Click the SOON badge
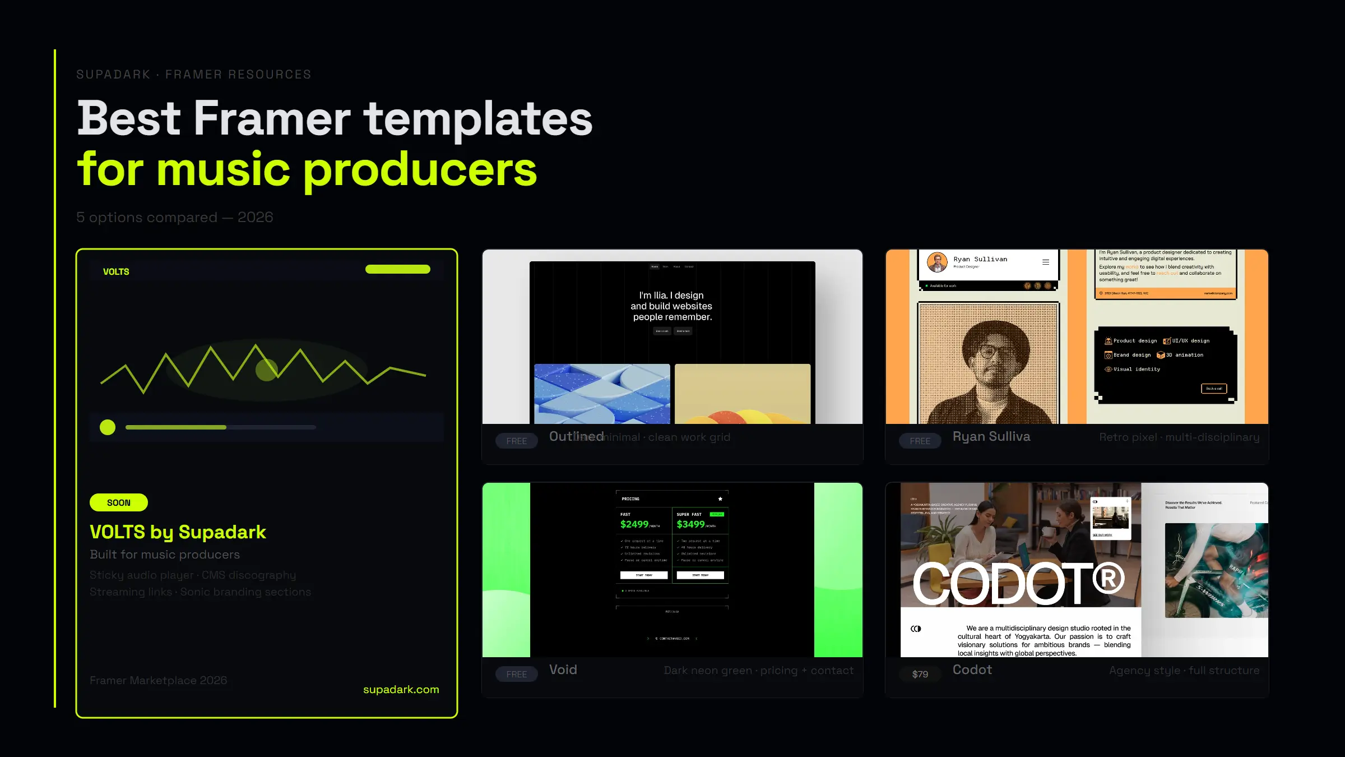tap(118, 502)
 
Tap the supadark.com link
tap(401, 689)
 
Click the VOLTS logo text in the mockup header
tap(116, 271)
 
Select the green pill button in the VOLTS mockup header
tap(397, 269)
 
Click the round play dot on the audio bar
tap(108, 427)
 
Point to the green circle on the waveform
tap(267, 370)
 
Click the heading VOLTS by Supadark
tap(178, 532)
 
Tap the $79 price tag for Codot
tap(920, 674)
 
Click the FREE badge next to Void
tap(516, 674)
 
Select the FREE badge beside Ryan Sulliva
tap(920, 441)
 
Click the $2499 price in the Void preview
tap(634, 524)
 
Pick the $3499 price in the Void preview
tap(690, 524)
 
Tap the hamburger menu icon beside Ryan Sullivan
tap(1046, 262)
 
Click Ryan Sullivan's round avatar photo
tap(937, 262)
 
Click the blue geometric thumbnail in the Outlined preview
tap(602, 393)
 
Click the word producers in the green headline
tap(420, 169)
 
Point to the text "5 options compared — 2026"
tap(175, 217)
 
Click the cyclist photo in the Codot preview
tap(1216, 570)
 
